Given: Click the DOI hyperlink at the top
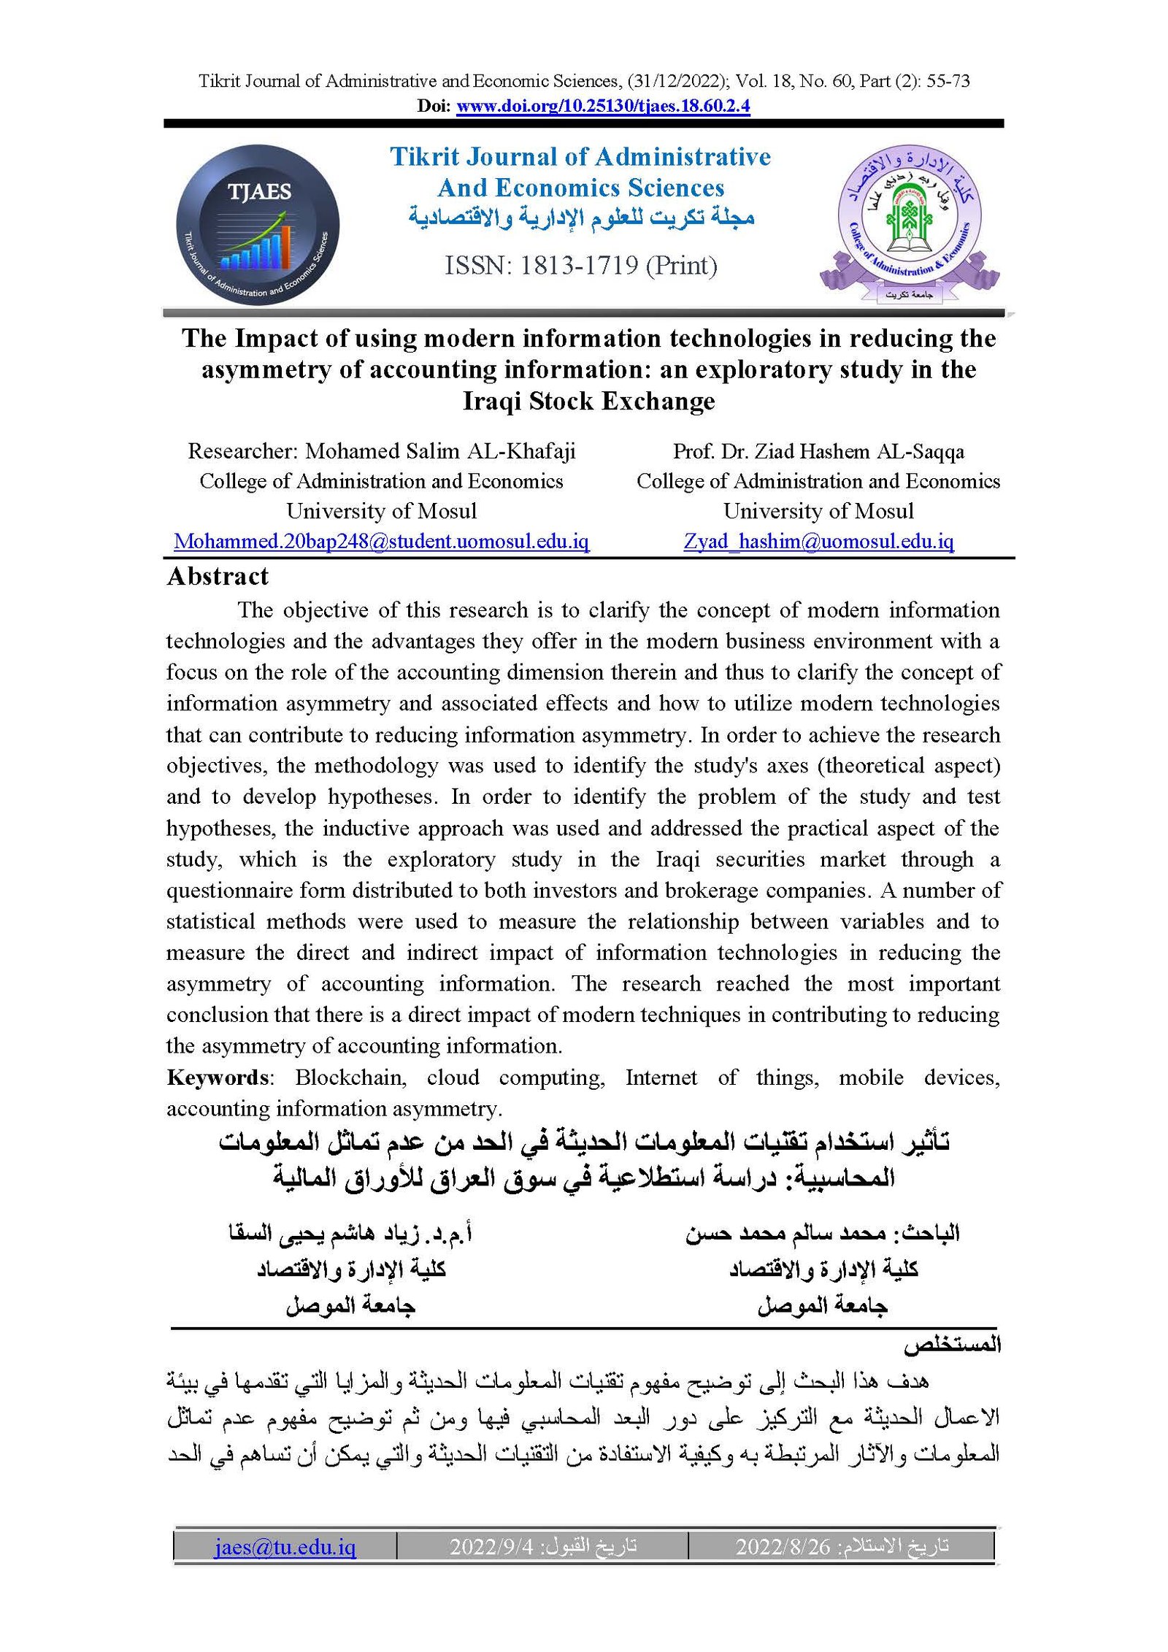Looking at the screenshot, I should pyautogui.click(x=603, y=106).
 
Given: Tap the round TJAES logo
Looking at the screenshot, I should pyautogui.click(x=258, y=225).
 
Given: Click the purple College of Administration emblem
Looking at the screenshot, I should pyautogui.click(x=909, y=223).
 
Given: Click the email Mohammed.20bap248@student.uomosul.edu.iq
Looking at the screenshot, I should pyautogui.click(x=381, y=542).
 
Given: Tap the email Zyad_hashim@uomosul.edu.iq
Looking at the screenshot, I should pyautogui.click(x=818, y=542).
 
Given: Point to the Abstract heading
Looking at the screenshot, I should pyautogui.click(x=218, y=577).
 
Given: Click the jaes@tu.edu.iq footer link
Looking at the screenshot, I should pyautogui.click(x=285, y=1547).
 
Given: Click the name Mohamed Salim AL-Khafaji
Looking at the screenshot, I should pyautogui.click(x=440, y=451).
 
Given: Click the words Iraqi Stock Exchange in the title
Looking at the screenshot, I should pyautogui.click(x=588, y=402).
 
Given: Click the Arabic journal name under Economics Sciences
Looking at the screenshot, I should pyautogui.click(x=581, y=218).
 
